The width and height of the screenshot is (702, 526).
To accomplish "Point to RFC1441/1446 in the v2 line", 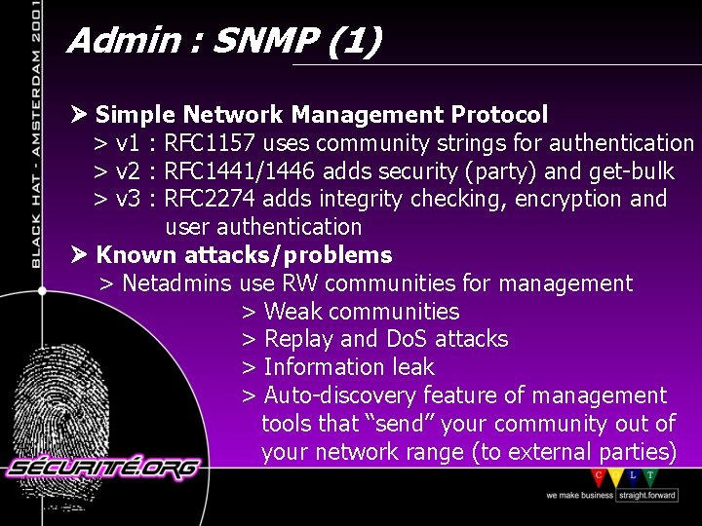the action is coord(240,172).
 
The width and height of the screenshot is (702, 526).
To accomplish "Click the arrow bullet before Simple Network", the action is coord(80,115).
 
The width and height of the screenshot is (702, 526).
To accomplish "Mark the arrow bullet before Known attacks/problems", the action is coord(80,255).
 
